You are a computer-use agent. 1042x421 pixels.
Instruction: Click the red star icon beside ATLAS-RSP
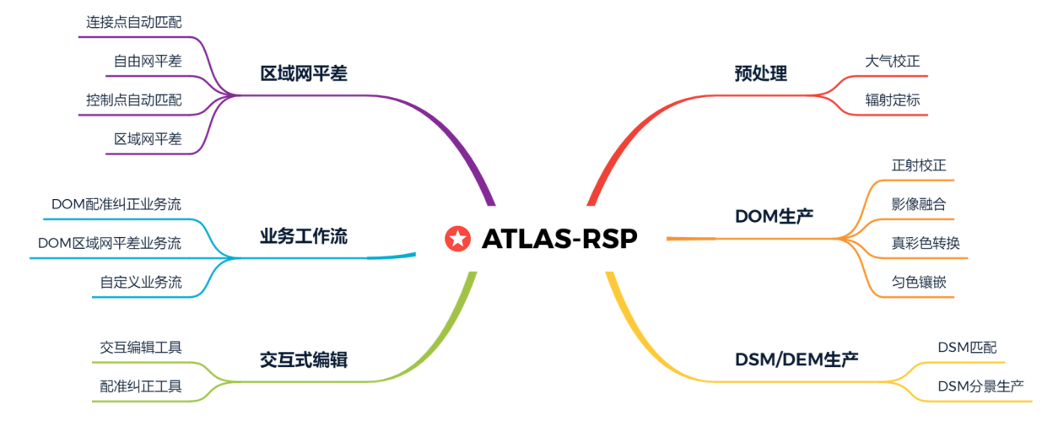[457, 239]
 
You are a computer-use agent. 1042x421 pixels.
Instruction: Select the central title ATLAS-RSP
[559, 239]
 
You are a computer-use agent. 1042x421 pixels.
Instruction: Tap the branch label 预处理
[760, 73]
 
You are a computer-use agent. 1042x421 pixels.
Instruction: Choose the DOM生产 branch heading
[774, 216]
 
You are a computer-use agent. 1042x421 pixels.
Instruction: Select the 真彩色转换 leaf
[926, 243]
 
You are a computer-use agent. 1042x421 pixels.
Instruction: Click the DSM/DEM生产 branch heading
[796, 359]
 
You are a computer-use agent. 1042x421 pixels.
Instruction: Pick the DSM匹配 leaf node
[967, 348]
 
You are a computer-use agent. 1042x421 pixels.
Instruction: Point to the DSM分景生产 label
[980, 386]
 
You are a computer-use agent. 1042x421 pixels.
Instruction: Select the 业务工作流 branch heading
[303, 237]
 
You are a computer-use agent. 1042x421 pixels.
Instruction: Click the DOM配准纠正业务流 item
[116, 204]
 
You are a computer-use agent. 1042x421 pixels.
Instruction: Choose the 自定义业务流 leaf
[141, 282]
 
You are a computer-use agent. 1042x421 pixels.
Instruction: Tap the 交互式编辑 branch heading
[303, 360]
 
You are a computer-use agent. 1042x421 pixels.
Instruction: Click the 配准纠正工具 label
[141, 386]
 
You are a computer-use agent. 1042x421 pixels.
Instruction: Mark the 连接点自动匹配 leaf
[133, 22]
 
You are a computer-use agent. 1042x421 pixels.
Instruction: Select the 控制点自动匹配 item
[133, 100]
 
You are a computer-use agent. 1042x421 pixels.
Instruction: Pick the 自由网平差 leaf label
[148, 61]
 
